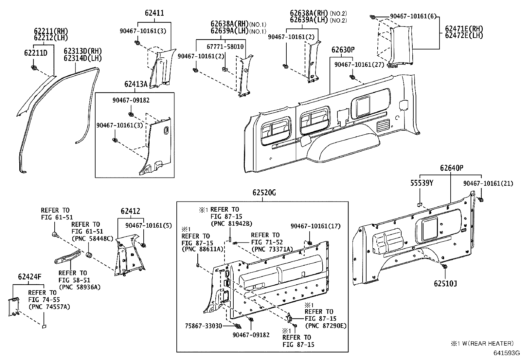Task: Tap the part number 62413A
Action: [136, 84]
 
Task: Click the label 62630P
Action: [343, 50]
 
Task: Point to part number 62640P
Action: [452, 168]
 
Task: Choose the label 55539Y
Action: [422, 183]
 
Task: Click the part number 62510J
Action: [445, 283]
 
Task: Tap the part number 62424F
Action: [30, 277]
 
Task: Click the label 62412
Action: [130, 211]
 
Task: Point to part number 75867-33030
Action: [204, 326]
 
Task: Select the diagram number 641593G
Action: [507, 353]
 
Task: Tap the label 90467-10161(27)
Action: [359, 65]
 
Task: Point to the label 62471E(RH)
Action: [464, 29]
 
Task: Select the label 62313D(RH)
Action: [83, 51]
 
